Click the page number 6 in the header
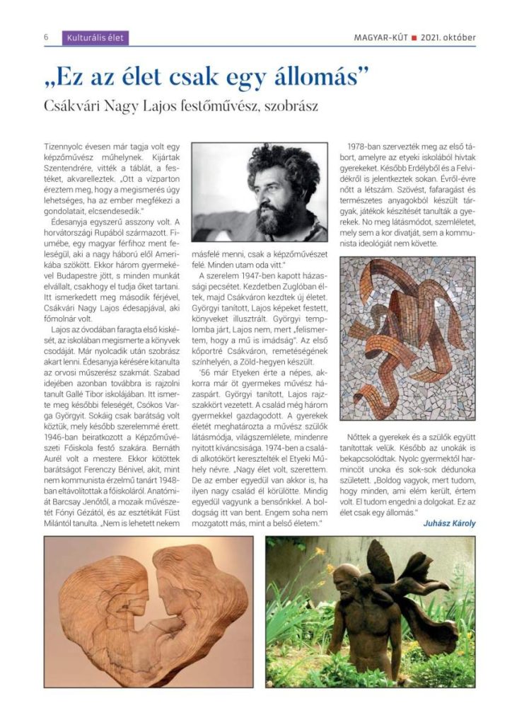[x=47, y=38]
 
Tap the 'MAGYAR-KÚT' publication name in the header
[x=380, y=38]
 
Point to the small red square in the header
[x=414, y=38]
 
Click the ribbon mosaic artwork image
[x=407, y=338]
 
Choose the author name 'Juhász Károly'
[x=449, y=523]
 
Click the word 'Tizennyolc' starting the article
[x=62, y=144]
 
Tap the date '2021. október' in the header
[x=448, y=38]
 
